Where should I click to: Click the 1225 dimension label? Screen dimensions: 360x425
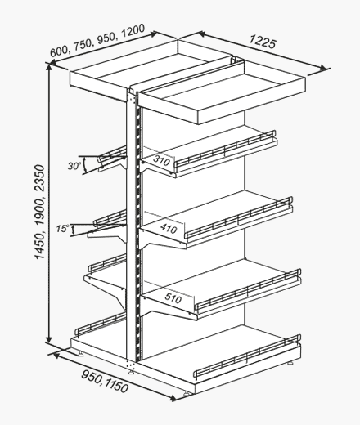263,43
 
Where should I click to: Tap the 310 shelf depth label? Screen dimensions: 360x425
162,161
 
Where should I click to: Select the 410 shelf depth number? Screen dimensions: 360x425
169,229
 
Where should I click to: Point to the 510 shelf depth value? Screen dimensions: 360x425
173,297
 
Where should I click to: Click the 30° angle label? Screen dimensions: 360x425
74,166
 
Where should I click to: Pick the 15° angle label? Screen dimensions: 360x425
62,229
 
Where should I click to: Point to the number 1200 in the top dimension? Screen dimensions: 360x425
133,31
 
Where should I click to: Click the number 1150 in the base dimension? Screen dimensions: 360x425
116,384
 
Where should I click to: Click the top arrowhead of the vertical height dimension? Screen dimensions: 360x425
49,67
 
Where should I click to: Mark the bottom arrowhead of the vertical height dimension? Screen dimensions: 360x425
49,339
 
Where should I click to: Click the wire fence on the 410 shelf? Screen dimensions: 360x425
239,217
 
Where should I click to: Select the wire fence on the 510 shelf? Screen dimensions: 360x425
249,289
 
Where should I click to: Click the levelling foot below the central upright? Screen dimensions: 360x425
132,371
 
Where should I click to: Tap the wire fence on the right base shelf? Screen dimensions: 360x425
247,356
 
